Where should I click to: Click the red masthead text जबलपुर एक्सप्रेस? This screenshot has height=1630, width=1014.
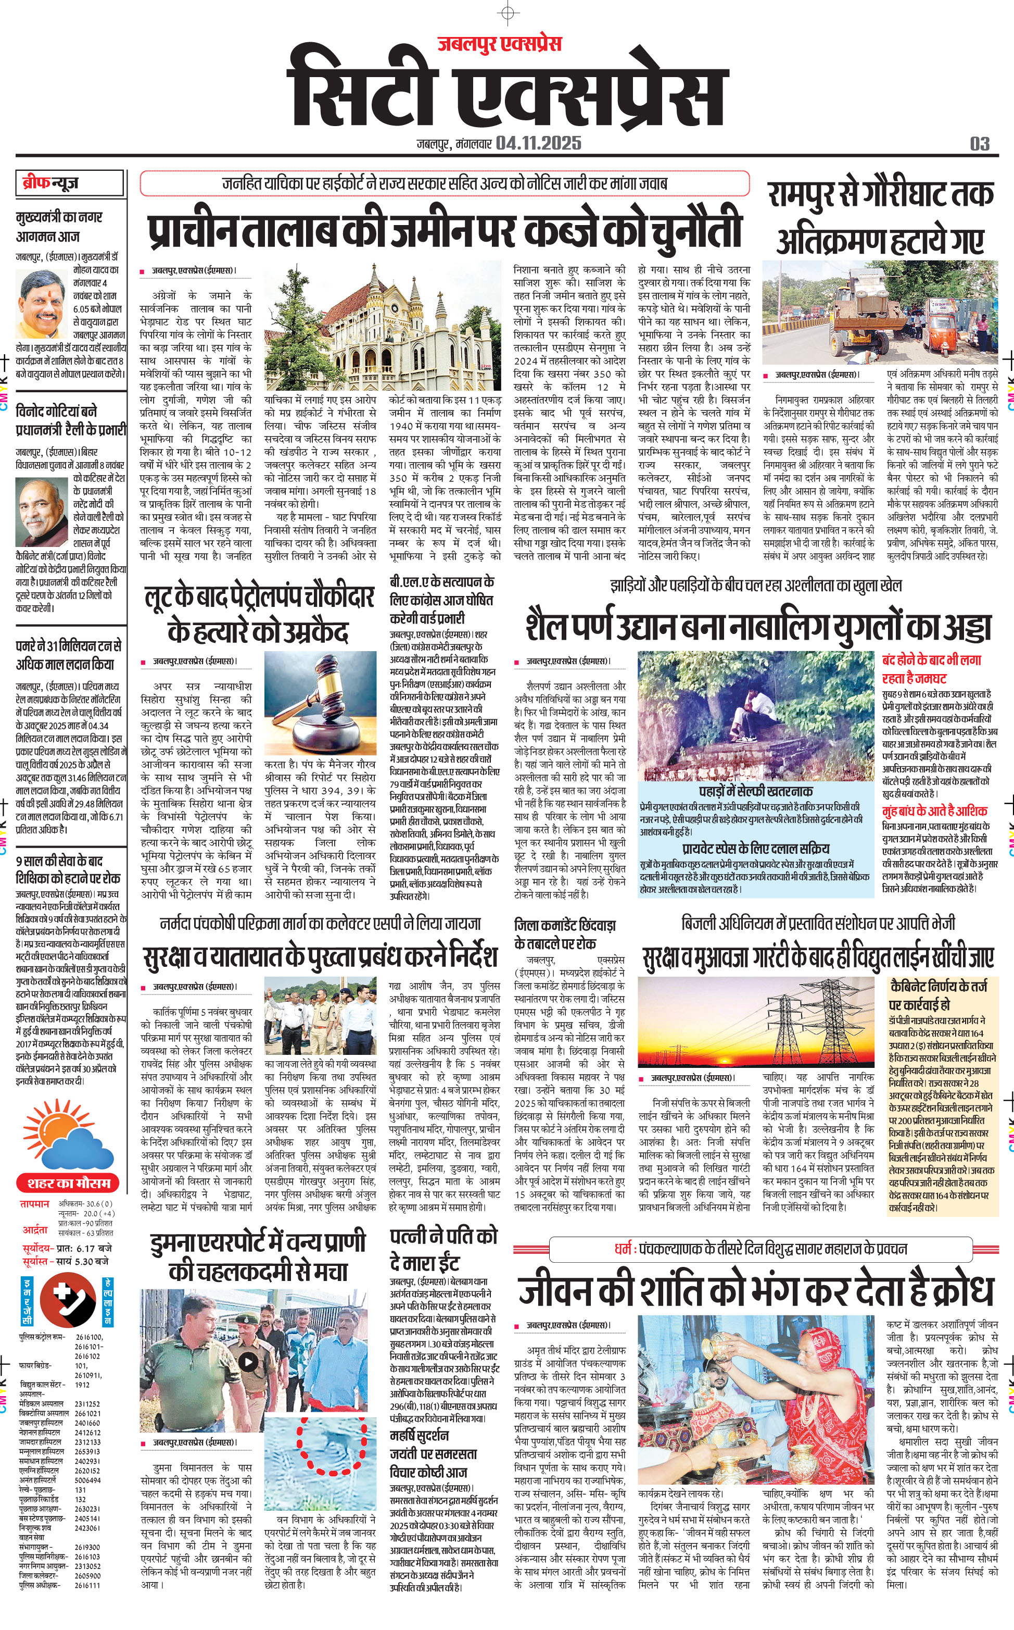click(x=500, y=44)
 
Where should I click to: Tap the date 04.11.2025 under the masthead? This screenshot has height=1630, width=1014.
click(x=539, y=143)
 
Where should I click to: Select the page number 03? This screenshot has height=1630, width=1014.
click(x=979, y=144)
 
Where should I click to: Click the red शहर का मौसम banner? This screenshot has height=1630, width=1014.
click(x=69, y=1183)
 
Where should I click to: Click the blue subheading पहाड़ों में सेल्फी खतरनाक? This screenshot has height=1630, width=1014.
click(x=755, y=791)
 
